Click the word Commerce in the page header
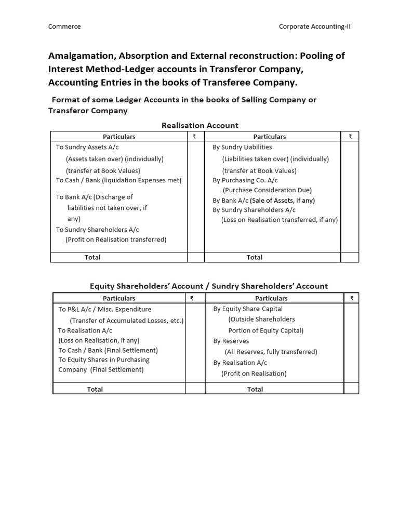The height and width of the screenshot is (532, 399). click(64, 26)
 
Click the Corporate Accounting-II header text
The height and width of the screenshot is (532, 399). click(315, 26)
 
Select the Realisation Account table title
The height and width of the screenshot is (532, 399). click(200, 125)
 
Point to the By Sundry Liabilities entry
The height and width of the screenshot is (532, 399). click(242, 147)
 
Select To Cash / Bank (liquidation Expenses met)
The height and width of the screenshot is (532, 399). click(119, 180)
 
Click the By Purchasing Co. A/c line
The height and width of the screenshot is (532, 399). click(245, 180)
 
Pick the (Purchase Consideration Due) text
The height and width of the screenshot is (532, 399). click(267, 190)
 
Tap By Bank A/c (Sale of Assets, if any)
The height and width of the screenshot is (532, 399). click(263, 200)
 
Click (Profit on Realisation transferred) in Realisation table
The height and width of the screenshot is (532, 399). click(116, 240)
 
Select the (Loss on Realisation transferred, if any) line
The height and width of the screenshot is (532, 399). click(280, 220)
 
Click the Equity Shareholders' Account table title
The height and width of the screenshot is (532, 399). click(209, 286)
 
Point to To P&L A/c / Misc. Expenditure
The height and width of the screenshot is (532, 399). click(105, 309)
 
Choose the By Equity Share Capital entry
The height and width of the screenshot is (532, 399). click(248, 309)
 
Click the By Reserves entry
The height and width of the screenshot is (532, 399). click(231, 341)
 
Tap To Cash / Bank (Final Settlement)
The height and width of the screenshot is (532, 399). click(108, 350)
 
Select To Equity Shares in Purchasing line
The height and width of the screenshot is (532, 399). click(104, 360)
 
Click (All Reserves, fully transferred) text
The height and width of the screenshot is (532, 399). click(271, 352)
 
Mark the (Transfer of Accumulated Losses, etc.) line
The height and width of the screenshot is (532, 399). click(127, 321)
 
